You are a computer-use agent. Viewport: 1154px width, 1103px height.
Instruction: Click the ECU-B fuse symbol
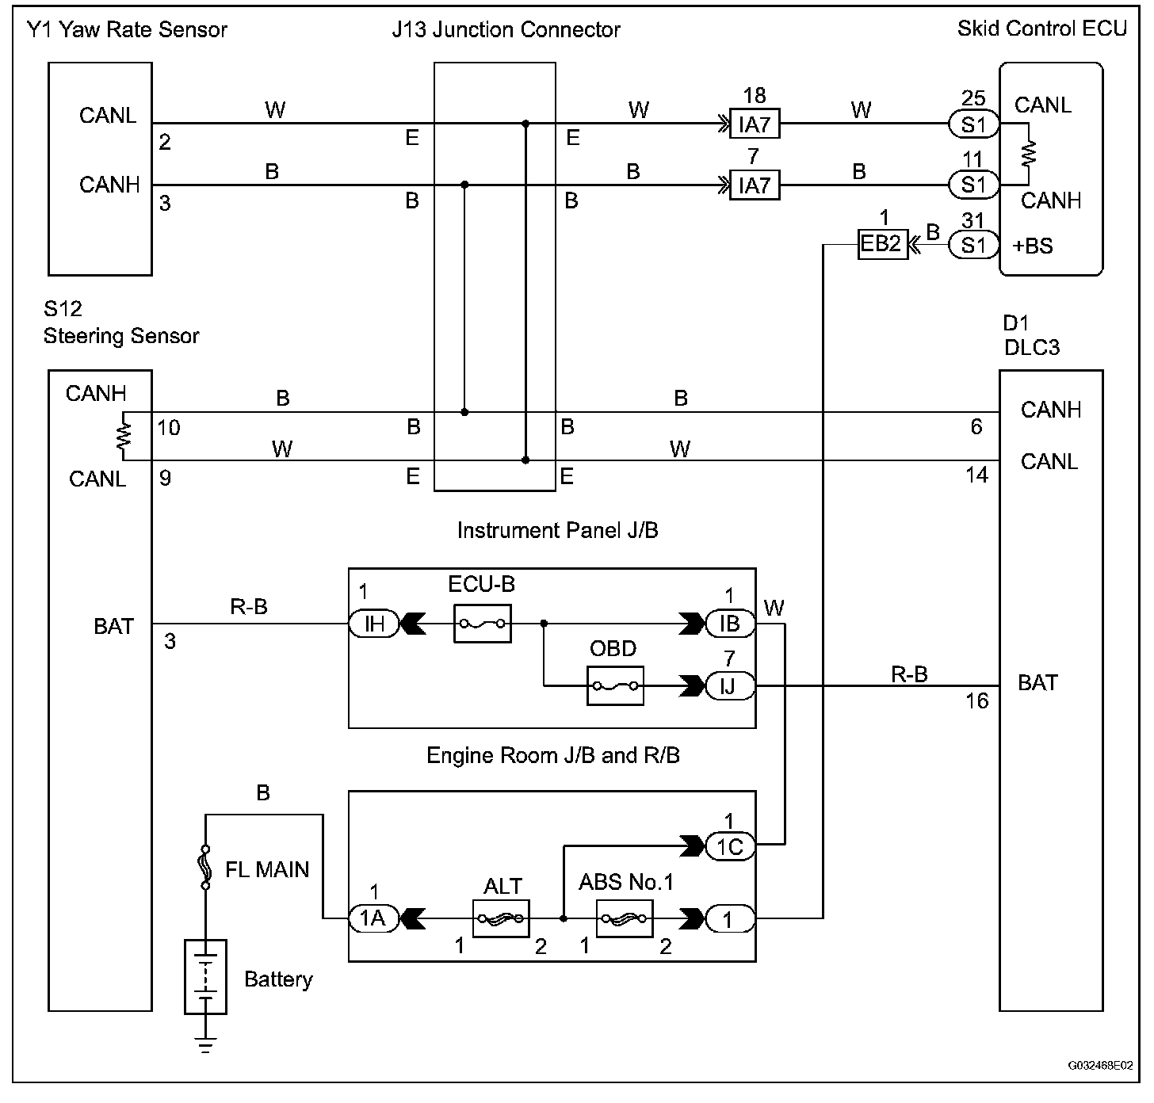pyautogui.click(x=483, y=624)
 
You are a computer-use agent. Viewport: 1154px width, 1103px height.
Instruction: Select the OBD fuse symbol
pyautogui.click(x=615, y=685)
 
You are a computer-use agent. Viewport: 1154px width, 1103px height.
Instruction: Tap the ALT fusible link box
pyautogui.click(x=501, y=919)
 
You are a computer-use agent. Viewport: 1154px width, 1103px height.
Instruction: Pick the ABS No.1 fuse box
pyautogui.click(x=625, y=919)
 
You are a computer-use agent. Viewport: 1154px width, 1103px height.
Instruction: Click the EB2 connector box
pyautogui.click(x=881, y=244)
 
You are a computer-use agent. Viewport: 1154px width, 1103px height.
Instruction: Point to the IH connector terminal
pyautogui.click(x=373, y=624)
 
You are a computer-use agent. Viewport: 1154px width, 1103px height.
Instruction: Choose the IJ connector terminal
pyautogui.click(x=729, y=685)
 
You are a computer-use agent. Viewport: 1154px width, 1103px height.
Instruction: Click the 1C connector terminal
pyautogui.click(x=729, y=846)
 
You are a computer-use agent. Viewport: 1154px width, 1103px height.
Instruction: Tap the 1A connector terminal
pyautogui.click(x=373, y=918)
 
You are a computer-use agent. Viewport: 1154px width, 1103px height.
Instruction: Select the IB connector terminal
pyautogui.click(x=729, y=624)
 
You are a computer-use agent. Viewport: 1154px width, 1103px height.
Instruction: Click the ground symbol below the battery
pyautogui.click(x=205, y=1045)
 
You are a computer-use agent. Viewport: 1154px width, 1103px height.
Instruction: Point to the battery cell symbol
pyautogui.click(x=205, y=976)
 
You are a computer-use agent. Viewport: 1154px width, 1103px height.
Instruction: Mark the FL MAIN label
pyautogui.click(x=267, y=870)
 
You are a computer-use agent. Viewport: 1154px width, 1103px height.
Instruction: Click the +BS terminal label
pyautogui.click(x=1033, y=246)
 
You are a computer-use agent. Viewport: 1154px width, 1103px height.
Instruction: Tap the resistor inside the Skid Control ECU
pyautogui.click(x=1028, y=154)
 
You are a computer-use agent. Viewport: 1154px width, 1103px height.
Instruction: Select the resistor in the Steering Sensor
pyautogui.click(x=123, y=437)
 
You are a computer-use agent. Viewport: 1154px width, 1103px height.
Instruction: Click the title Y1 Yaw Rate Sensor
pyautogui.click(x=127, y=30)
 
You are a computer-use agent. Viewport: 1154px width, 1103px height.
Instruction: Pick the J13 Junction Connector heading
pyautogui.click(x=506, y=30)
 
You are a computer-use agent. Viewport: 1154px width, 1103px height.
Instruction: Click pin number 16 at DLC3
pyautogui.click(x=977, y=701)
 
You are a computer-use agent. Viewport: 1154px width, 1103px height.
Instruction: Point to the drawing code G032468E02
pyautogui.click(x=1100, y=1066)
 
